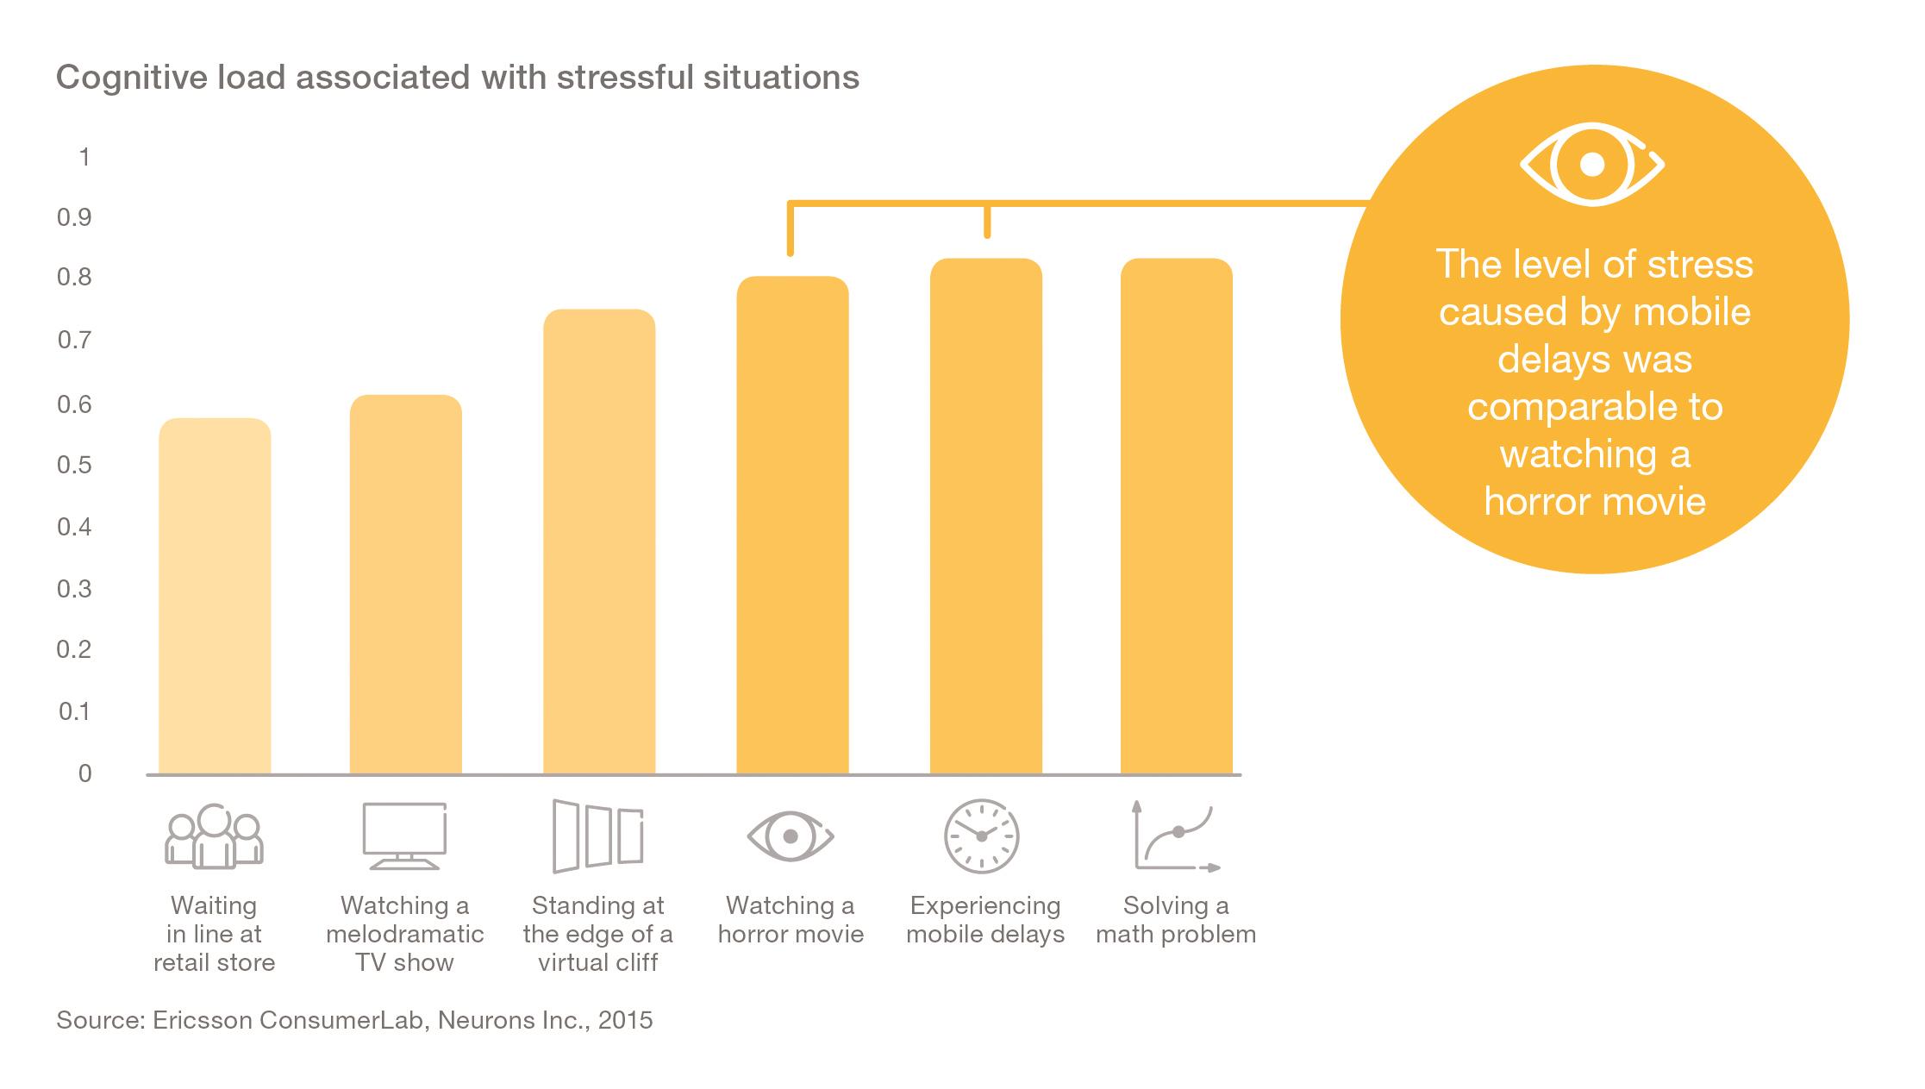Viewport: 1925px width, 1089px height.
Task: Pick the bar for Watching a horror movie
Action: click(x=792, y=525)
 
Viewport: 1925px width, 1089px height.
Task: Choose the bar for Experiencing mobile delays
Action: click(x=985, y=516)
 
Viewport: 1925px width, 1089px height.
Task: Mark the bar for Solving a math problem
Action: click(x=1176, y=516)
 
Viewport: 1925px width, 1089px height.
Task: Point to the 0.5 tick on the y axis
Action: click(x=74, y=466)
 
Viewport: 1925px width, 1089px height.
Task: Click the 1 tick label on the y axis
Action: click(x=84, y=157)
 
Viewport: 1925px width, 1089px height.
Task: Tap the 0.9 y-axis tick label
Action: click(x=74, y=217)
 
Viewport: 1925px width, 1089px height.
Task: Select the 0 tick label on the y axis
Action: click(x=84, y=773)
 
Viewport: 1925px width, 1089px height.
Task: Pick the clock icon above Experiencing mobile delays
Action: click(x=981, y=836)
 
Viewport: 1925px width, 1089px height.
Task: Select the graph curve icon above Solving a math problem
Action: click(x=1176, y=836)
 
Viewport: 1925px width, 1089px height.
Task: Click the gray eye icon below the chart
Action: click(x=790, y=836)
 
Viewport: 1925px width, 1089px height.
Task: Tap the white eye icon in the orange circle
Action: click(x=1591, y=164)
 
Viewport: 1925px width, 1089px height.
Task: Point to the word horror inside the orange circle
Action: click(x=1534, y=502)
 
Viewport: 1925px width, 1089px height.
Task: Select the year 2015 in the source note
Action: click(x=625, y=1020)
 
